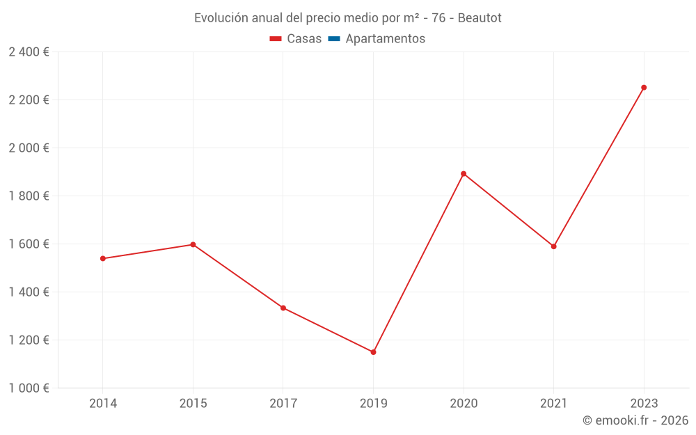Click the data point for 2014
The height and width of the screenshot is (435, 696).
[103, 258]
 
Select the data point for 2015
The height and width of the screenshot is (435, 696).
[193, 244]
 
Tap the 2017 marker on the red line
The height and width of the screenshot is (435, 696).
[283, 308]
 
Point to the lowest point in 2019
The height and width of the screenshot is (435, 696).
[373, 352]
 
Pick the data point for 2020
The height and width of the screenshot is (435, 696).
[464, 173]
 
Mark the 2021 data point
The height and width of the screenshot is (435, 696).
[553, 246]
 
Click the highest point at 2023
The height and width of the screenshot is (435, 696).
[644, 88]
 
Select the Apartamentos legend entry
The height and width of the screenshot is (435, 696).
[385, 39]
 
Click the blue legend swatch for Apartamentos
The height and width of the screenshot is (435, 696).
[333, 39]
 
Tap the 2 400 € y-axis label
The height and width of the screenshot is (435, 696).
[29, 52]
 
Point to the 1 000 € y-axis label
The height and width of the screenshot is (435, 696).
[29, 388]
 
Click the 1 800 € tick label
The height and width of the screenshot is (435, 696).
[29, 196]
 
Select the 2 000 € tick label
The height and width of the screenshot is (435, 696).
[29, 148]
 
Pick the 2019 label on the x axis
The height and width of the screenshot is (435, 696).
[373, 403]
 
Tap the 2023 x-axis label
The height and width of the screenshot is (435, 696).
[644, 403]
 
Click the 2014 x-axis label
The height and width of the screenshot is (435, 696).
[103, 403]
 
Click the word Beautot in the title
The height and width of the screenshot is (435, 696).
[480, 18]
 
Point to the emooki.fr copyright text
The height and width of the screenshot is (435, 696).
[635, 420]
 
